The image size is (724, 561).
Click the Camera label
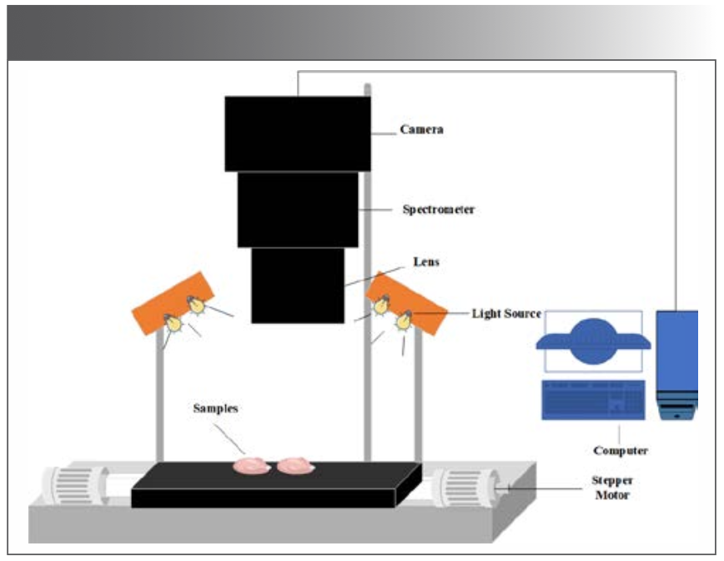[x=421, y=130]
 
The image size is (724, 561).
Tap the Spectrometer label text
[x=438, y=210]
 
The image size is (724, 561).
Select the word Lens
[x=425, y=262]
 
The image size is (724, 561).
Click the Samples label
[x=216, y=408]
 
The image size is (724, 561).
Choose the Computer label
[x=620, y=451]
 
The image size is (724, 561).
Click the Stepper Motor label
[x=612, y=488]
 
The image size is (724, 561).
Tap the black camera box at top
[x=298, y=133]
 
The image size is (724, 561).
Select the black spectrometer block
[x=298, y=209]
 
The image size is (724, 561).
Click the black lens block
[x=298, y=285]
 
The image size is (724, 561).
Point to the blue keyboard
[x=593, y=400]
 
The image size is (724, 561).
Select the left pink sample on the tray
[x=252, y=465]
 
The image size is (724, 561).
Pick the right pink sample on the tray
[x=295, y=464]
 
